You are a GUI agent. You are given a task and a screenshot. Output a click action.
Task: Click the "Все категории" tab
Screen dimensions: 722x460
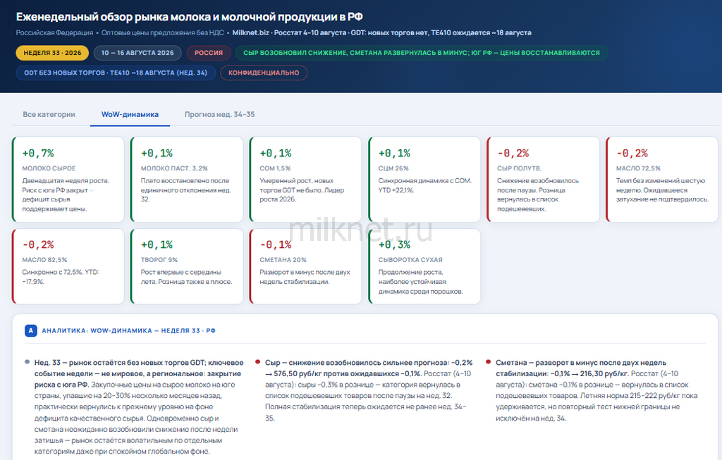pos(49,115)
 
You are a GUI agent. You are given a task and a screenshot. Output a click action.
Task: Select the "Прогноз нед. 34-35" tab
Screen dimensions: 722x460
pos(220,115)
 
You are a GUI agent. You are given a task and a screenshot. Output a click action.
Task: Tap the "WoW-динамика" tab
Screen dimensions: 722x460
pos(130,115)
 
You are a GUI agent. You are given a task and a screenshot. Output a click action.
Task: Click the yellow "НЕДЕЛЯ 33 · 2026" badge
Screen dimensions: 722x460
pos(52,53)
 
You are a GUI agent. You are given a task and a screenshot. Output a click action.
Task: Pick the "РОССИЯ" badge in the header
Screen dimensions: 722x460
pos(209,53)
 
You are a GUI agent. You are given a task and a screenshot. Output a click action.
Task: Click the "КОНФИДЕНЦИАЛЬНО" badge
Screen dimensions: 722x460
pos(264,73)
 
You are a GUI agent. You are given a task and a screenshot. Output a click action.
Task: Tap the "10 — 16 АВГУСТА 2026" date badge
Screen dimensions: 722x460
pos(137,53)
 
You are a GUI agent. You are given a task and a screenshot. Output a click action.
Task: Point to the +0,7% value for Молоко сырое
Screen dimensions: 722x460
pos(38,153)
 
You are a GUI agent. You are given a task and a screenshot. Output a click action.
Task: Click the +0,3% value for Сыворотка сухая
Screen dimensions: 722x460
pos(394,244)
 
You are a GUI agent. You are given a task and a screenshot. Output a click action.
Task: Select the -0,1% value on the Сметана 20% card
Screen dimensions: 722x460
pos(276,244)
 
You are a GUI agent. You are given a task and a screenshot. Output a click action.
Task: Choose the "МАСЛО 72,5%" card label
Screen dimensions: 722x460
pos(638,168)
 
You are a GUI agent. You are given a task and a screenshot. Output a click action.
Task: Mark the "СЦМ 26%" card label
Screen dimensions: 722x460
pos(393,168)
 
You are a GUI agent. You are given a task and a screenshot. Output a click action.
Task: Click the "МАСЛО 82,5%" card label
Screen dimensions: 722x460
pos(44,260)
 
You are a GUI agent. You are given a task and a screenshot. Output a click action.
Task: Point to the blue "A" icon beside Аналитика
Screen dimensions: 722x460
pos(31,330)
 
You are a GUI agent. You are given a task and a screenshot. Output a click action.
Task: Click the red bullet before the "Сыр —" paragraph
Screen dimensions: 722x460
pos(257,362)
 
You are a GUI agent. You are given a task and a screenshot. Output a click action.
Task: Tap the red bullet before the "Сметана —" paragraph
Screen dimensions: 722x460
pos(488,362)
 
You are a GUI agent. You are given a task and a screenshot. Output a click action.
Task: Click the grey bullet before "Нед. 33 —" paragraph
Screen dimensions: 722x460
pos(27,362)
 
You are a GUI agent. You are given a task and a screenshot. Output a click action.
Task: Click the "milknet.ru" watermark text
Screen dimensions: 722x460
pos(360,229)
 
